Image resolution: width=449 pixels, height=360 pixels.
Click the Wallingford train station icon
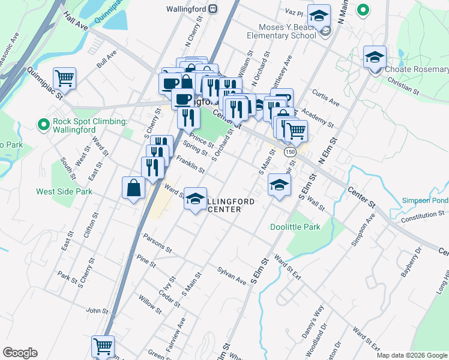212,10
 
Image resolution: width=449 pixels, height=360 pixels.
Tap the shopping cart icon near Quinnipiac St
64,78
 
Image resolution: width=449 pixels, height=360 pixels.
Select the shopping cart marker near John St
103,346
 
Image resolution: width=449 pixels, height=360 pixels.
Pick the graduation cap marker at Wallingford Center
195,199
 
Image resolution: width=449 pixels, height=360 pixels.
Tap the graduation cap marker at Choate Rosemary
375,58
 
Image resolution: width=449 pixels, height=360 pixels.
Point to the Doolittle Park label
295,227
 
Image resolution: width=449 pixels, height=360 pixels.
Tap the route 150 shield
289,152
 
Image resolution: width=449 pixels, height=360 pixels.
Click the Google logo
20,353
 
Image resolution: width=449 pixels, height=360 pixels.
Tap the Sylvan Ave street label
232,277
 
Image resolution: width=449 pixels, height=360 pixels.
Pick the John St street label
97,311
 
